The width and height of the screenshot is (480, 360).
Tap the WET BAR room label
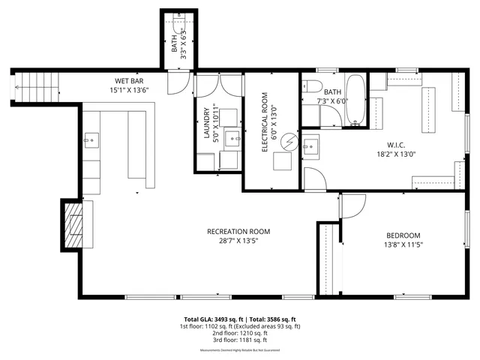(129, 81)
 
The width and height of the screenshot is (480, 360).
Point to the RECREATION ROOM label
(238, 232)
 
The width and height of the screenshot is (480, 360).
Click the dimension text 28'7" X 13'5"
(238, 242)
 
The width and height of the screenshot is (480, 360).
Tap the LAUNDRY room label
(206, 121)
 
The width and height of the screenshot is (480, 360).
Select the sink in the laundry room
(232, 139)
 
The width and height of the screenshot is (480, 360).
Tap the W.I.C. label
(396, 144)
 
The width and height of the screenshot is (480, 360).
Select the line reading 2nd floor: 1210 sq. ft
(239, 334)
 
